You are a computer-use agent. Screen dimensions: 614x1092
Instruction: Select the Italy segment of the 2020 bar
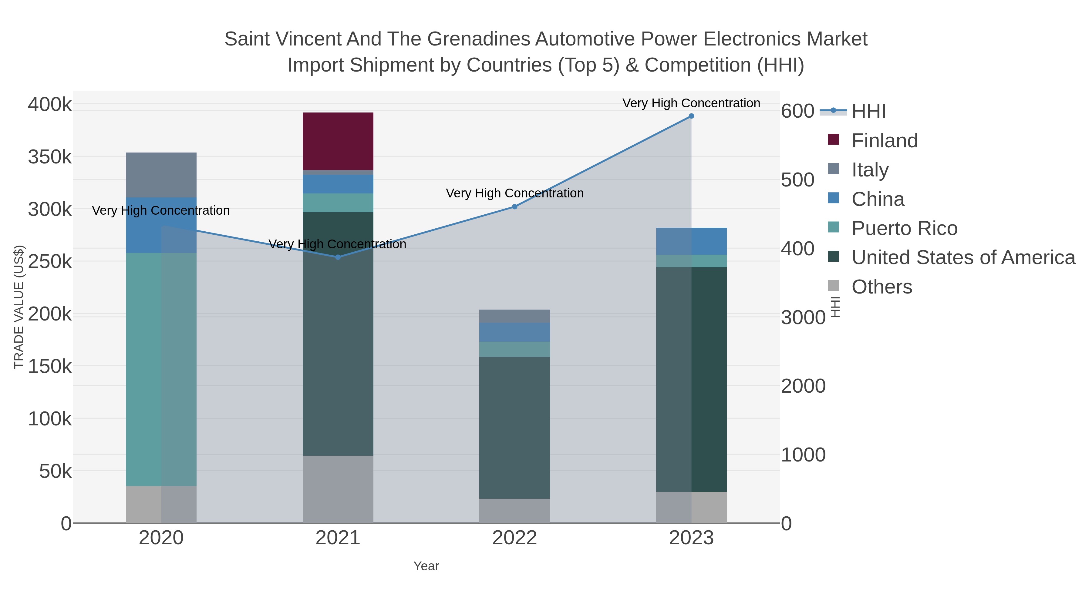[x=161, y=175]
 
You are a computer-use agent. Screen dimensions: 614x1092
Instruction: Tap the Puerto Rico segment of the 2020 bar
[x=161, y=369]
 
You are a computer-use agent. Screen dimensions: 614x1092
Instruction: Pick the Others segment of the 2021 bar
[x=338, y=489]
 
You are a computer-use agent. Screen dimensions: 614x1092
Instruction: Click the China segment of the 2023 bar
[x=691, y=241]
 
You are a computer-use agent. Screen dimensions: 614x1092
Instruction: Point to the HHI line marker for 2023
[x=691, y=116]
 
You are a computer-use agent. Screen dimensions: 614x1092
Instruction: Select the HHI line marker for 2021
[x=338, y=257]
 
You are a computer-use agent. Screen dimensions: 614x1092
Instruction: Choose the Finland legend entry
[x=884, y=141]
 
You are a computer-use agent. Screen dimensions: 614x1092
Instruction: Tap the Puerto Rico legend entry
[x=904, y=228]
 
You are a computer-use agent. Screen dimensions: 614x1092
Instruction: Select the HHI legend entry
[x=868, y=112]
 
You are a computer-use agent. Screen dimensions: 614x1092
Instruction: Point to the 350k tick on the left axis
[x=50, y=157]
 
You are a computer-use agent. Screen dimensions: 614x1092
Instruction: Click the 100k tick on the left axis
[x=50, y=419]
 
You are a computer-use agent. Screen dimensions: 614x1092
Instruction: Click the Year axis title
[x=426, y=566]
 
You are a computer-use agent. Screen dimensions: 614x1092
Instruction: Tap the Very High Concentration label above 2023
[x=691, y=103]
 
